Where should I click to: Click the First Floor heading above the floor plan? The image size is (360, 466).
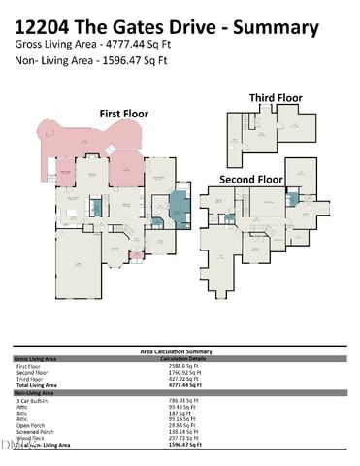pos(124,114)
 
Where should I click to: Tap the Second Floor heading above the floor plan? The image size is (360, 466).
pos(251,180)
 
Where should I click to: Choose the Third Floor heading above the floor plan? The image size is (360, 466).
pos(276,97)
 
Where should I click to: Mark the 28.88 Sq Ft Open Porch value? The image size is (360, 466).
pos(176,424)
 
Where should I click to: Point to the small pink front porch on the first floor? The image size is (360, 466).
pos(135,255)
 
